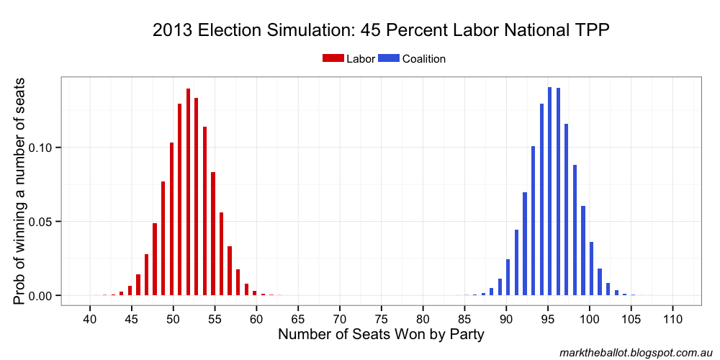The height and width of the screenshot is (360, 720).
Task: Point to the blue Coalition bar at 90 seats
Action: click(x=508, y=277)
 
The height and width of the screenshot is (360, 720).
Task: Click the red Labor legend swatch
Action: click(x=333, y=59)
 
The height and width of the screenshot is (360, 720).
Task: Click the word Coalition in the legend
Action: click(x=424, y=59)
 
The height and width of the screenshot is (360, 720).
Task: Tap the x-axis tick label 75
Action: click(x=382, y=318)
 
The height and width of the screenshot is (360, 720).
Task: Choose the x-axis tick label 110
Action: click(x=673, y=318)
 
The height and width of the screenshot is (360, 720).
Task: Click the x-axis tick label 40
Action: click(x=90, y=318)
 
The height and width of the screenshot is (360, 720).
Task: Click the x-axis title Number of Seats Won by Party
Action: click(x=381, y=335)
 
